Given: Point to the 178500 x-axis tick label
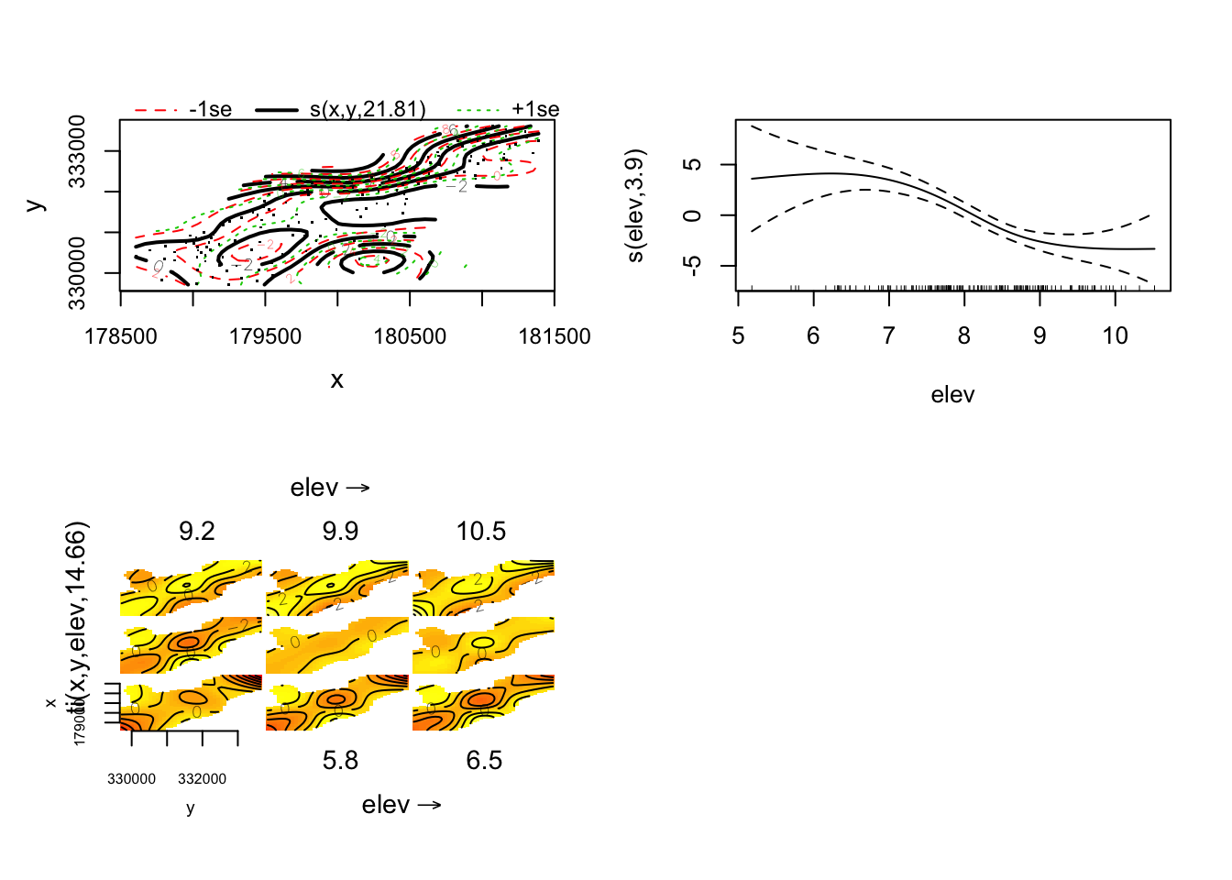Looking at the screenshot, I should (121, 336).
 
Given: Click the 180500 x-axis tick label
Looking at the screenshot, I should (410, 336).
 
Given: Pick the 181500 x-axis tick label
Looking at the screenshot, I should (555, 336).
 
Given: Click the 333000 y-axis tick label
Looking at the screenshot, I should (77, 151).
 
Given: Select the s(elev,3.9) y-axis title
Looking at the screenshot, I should (635, 205).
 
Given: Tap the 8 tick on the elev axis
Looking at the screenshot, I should (964, 336).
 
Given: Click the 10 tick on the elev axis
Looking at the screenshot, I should (1115, 336).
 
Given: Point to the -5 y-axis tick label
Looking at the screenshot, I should (694, 266).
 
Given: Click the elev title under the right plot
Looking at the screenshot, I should (952, 395).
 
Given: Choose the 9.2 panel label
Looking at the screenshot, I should (196, 532).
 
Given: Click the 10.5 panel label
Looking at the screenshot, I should (481, 532).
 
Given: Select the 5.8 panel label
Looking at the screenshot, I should (340, 761).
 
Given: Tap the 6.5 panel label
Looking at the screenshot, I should (484, 761).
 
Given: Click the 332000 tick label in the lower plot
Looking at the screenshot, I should (202, 779).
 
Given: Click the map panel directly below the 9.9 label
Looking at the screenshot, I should (337, 588).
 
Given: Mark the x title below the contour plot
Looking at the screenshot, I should (337, 380).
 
